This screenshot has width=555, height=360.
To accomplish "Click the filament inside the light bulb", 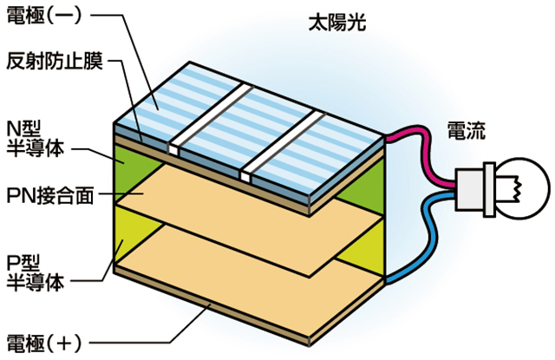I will (x=516, y=185).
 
